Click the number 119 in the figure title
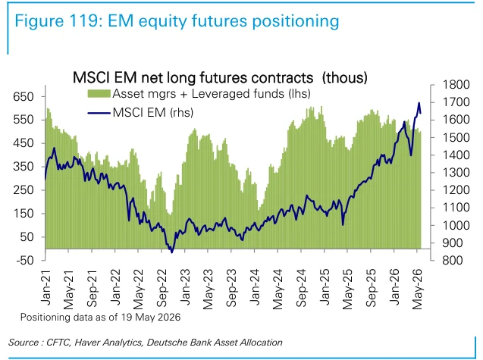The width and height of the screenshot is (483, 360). [x=81, y=21]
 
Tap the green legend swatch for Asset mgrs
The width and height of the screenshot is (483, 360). [x=99, y=93]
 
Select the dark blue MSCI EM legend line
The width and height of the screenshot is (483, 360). [x=99, y=113]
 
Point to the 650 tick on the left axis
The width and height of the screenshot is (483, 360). [x=24, y=96]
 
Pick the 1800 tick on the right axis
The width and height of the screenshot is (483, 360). [x=456, y=85]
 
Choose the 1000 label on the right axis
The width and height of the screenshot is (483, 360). [x=456, y=225]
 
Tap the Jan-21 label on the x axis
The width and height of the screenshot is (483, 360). [x=46, y=286]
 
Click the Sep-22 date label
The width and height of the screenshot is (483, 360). [x=162, y=288]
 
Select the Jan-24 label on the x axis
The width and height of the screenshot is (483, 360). [x=255, y=286]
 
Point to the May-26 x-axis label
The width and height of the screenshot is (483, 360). [x=417, y=290]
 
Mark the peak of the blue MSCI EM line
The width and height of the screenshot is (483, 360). [x=419, y=103]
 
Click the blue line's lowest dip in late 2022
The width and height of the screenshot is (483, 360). [x=172, y=252]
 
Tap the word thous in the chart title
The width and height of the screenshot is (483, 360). [x=345, y=77]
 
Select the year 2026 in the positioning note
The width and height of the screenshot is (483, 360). [x=169, y=318]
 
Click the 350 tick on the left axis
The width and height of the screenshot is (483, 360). [x=24, y=167]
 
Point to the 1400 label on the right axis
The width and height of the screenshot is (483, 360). [x=456, y=155]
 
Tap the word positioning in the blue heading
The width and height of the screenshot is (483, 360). [x=296, y=22]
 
